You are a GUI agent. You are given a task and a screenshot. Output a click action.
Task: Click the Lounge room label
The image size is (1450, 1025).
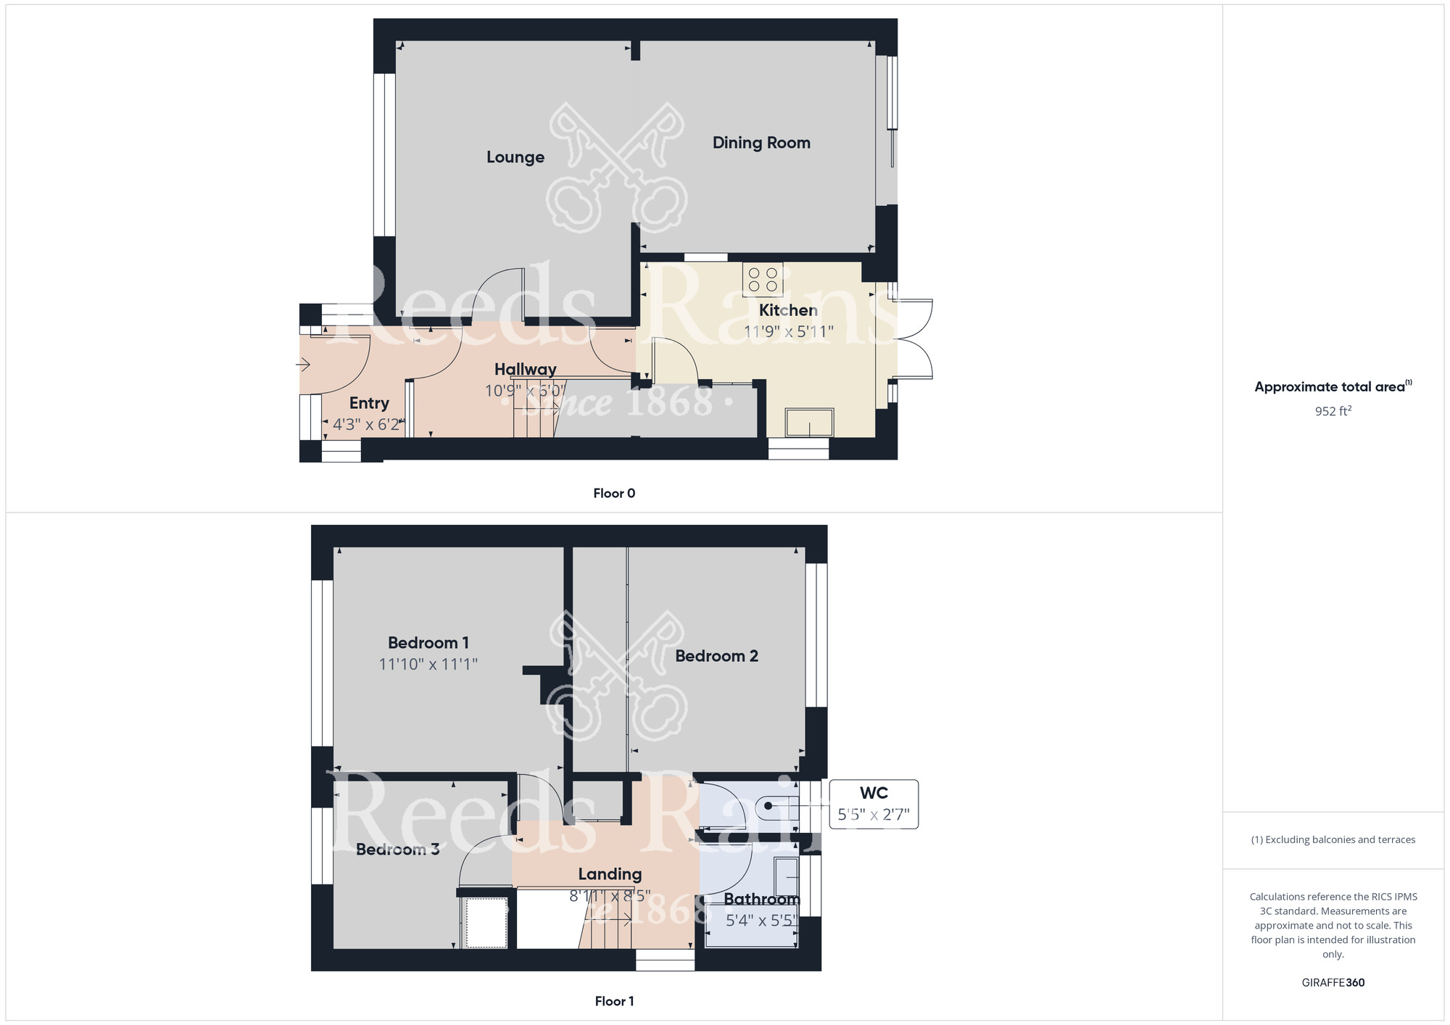tap(515, 157)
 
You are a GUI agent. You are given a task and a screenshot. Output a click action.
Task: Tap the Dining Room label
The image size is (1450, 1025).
tap(761, 143)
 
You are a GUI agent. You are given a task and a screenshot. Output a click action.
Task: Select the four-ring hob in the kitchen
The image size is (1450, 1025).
tap(763, 280)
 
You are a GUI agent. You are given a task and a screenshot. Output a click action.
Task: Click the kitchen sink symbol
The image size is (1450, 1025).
tap(809, 423)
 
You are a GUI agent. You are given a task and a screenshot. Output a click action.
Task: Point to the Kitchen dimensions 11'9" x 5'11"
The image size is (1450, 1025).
tap(789, 331)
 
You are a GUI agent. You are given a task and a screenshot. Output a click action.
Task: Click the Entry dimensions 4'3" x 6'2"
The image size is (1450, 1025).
tap(367, 424)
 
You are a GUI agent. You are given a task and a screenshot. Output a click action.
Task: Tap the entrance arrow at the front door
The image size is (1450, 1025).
tap(304, 365)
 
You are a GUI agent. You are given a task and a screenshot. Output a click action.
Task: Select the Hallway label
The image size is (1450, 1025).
tap(526, 369)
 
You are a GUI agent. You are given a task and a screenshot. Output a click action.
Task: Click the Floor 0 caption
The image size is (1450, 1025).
tap(614, 493)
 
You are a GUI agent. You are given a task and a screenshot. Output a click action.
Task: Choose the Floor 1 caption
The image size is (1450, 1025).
tap(614, 1001)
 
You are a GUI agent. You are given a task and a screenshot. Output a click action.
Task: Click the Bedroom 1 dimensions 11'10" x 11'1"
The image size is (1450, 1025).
tap(428, 664)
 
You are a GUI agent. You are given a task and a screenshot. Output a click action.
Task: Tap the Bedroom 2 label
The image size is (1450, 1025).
tap(716, 656)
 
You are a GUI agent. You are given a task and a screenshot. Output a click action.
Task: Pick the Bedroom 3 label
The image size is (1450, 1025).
tap(397, 850)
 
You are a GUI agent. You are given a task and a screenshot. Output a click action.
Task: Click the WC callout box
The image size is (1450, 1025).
tap(874, 804)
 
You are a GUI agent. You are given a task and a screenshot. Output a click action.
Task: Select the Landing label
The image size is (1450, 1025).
tap(610, 874)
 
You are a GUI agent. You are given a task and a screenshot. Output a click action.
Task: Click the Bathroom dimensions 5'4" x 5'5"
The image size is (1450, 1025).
tap(761, 921)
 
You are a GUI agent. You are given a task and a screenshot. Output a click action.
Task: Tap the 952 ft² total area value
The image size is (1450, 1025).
tap(1333, 411)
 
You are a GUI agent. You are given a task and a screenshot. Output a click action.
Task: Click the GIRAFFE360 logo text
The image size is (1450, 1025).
tap(1333, 983)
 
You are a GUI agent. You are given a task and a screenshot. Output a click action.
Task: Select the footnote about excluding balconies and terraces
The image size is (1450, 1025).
tap(1333, 839)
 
